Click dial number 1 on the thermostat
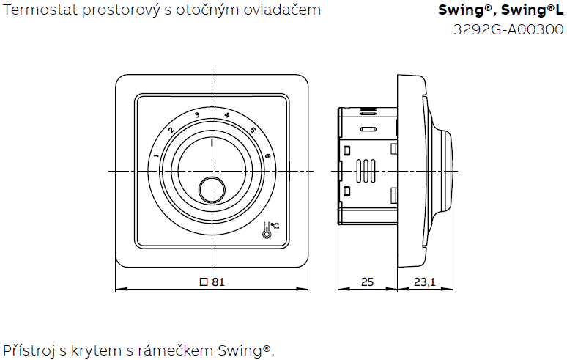156,155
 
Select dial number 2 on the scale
171,131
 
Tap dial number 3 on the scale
196,115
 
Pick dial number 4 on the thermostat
226,115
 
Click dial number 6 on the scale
268,155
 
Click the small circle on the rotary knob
212,189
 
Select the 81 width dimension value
218,282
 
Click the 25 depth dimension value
367,282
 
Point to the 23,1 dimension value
425,282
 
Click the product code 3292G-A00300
509,29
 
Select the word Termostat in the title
37,11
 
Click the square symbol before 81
204,282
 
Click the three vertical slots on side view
367,171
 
